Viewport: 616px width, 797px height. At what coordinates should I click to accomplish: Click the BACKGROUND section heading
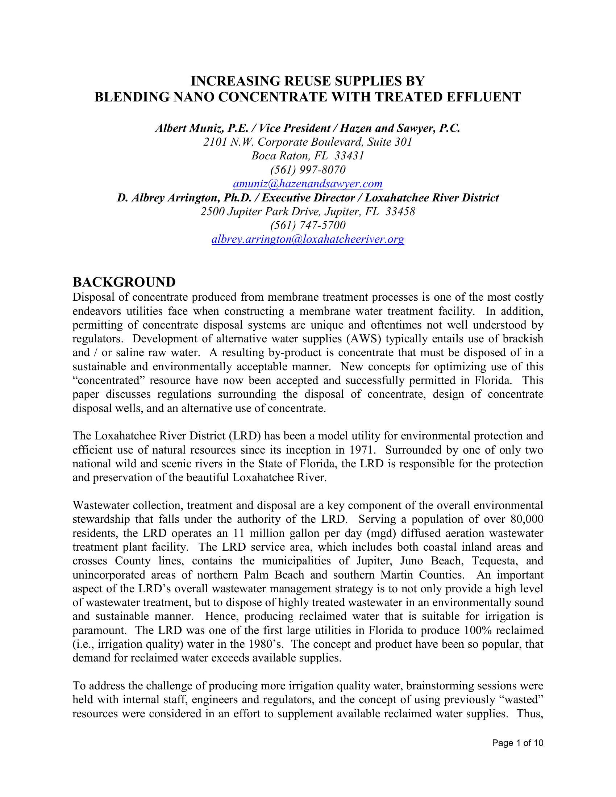(x=124, y=282)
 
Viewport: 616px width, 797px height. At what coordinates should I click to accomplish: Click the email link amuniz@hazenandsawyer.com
(x=308, y=184)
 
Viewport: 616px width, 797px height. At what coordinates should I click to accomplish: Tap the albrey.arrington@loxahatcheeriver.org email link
(x=308, y=239)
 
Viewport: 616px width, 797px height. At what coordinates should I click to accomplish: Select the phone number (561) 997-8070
(x=308, y=170)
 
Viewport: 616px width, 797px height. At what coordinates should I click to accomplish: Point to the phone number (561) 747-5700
(x=308, y=225)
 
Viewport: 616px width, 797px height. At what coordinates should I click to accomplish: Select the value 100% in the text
(x=478, y=630)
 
